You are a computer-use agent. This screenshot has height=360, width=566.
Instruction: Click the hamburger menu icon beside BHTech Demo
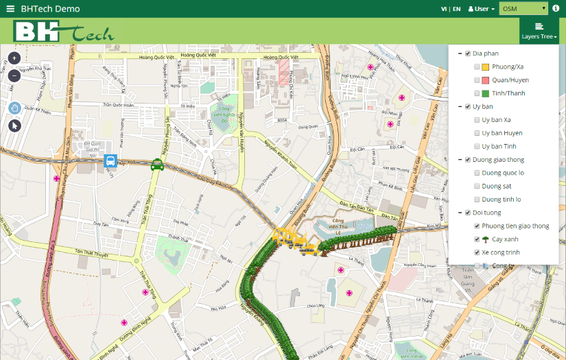[x=10, y=9]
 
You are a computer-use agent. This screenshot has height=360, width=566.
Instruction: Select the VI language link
[x=444, y=9]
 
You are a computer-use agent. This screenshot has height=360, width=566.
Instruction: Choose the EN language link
[x=456, y=9]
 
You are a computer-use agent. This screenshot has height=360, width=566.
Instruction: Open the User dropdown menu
[x=481, y=9]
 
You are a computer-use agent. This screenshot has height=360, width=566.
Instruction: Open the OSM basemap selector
[x=523, y=9]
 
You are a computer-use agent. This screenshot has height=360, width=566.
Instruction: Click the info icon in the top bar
[x=556, y=9]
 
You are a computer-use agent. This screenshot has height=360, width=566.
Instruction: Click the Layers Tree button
[x=539, y=32]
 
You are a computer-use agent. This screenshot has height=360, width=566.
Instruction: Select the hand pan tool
[x=14, y=108]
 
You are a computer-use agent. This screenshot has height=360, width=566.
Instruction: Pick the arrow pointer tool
[x=14, y=125]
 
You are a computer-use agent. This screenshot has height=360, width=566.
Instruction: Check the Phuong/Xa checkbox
[x=477, y=67]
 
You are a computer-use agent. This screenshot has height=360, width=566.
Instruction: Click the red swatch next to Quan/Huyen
[x=486, y=80]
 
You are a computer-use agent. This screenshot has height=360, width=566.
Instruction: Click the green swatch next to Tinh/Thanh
[x=486, y=93]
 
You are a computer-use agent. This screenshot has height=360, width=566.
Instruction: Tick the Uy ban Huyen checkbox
[x=477, y=133]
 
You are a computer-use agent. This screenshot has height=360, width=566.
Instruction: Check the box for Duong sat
[x=477, y=186]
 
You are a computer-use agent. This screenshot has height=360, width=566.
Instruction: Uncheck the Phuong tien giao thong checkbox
[x=477, y=226]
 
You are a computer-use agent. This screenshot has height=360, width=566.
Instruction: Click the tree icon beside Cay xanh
[x=486, y=239]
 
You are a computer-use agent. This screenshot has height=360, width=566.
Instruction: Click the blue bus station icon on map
[x=110, y=161]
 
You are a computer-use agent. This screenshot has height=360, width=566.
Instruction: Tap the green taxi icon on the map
[x=157, y=163]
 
